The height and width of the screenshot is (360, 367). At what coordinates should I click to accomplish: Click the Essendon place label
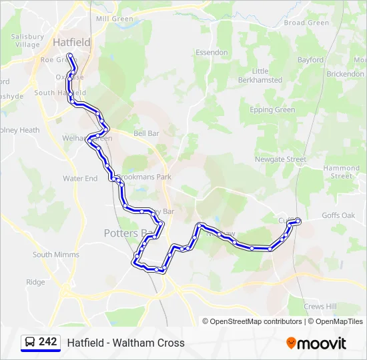coord(212,53)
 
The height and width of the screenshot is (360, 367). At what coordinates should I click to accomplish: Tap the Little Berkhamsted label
coord(260,75)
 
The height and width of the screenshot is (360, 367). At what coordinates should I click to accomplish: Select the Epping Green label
coord(272,110)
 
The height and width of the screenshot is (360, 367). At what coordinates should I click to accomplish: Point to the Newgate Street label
coord(280,160)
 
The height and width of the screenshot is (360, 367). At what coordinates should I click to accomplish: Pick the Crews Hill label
coord(320,307)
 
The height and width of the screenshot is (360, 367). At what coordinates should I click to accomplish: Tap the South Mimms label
coord(56,255)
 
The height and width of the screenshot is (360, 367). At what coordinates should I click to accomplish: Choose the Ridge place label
coord(35,283)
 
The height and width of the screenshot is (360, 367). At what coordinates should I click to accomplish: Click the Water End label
coord(80,179)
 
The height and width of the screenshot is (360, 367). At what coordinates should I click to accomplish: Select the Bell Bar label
coord(147,133)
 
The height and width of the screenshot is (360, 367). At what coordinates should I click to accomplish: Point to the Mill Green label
coord(115,19)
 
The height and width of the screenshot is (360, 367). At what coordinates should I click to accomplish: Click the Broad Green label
coord(306,23)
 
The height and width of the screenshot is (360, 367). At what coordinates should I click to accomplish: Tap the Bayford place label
coord(310,60)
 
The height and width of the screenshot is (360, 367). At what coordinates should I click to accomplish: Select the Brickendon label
coord(346,74)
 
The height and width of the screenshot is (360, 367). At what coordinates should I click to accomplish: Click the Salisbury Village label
coord(27,41)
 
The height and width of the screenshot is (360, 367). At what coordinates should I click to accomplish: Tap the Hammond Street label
coord(342,172)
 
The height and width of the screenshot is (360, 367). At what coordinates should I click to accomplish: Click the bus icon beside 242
coord(30,343)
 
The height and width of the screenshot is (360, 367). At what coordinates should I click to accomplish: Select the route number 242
coord(48,342)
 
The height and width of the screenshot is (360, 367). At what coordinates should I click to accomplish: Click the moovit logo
coord(316,343)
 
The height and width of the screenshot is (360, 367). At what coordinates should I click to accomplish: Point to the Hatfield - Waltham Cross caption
coord(125,343)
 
